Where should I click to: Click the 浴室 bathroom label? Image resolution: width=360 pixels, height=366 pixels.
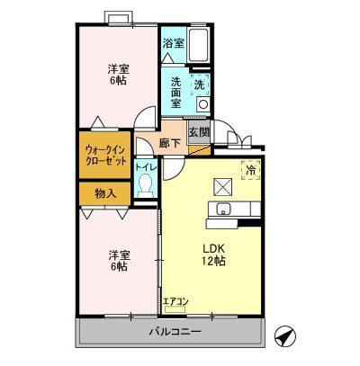coord(173,42)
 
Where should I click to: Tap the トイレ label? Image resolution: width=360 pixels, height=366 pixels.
coord(144,166)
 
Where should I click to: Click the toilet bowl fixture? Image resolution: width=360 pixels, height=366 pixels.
coord(145,185)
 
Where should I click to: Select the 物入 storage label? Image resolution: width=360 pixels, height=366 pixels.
coord(104,192)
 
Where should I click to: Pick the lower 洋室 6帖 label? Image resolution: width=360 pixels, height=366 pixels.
coord(117,260)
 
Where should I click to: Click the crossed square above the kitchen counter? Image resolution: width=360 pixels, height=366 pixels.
coord(222,186)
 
